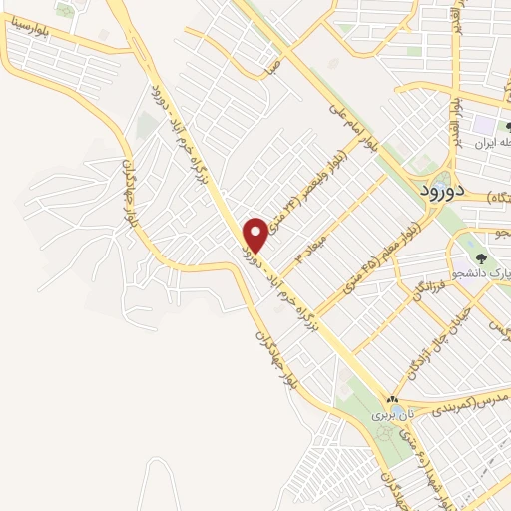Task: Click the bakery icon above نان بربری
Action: (391, 398)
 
